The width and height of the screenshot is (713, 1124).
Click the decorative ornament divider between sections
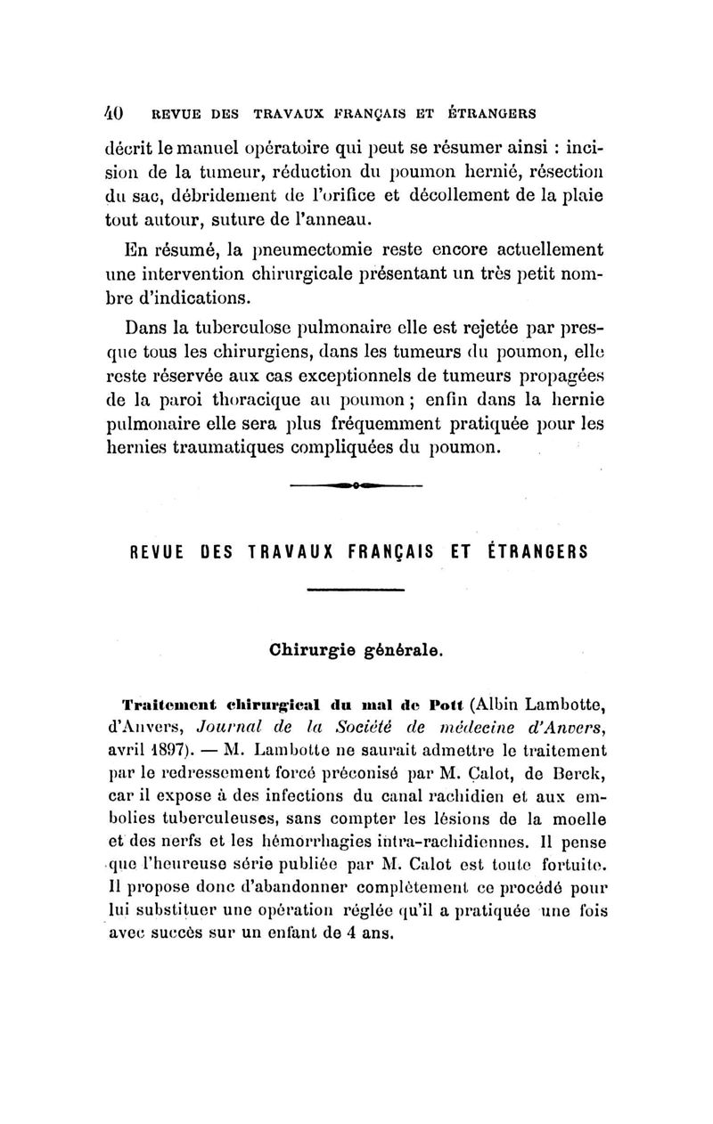356,486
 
